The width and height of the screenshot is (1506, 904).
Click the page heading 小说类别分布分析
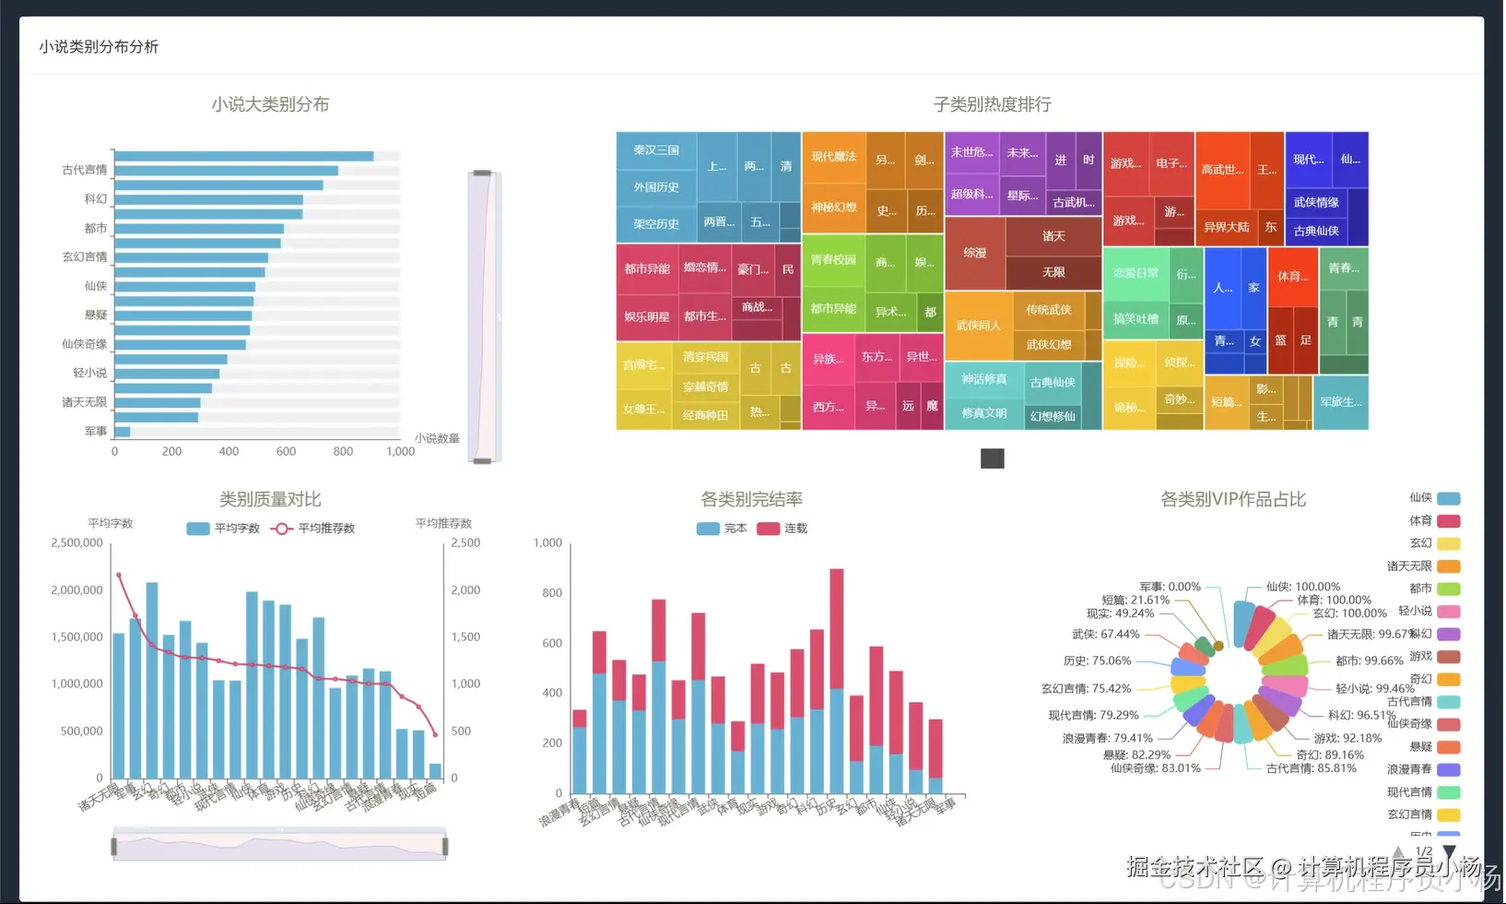tap(99, 47)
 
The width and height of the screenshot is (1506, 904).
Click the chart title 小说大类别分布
tap(270, 104)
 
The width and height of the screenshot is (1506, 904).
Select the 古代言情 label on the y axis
tap(85, 170)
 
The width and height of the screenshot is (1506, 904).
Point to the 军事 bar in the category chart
tap(122, 432)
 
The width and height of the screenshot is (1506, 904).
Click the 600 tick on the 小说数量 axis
tap(286, 452)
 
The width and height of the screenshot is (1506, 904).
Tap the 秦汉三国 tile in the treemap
tap(656, 150)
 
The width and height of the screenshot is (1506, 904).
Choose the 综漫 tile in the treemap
tap(974, 253)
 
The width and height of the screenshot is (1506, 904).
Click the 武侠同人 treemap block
tap(978, 326)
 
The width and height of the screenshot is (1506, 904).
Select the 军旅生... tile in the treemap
tap(1341, 402)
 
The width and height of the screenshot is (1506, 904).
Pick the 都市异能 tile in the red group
tap(647, 269)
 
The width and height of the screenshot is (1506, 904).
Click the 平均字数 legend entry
tap(224, 529)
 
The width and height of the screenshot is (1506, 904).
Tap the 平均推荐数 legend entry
tap(313, 529)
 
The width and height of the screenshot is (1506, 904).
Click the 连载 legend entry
tap(782, 529)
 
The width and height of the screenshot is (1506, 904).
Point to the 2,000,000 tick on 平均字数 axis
tap(77, 590)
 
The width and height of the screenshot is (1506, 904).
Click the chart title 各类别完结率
tap(751, 499)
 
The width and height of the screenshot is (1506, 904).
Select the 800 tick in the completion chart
tap(552, 593)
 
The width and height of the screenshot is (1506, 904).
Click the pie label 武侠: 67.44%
tap(1106, 635)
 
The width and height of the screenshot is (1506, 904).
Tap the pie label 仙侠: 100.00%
tap(1302, 587)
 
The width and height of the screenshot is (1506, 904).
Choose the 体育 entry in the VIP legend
tap(1435, 521)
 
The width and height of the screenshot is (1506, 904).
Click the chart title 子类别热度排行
tap(992, 104)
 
